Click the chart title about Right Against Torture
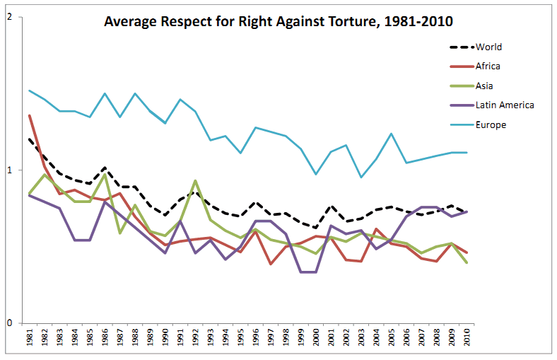[278, 21]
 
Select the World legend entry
[488, 47]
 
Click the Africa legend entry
[488, 66]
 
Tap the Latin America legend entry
[504, 105]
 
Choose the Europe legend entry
[491, 124]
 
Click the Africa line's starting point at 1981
[29, 115]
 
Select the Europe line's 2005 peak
[391, 134]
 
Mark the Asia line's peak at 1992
[195, 180]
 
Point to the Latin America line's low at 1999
[300, 272]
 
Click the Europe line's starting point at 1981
[29, 91]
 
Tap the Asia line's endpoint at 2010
[467, 262]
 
